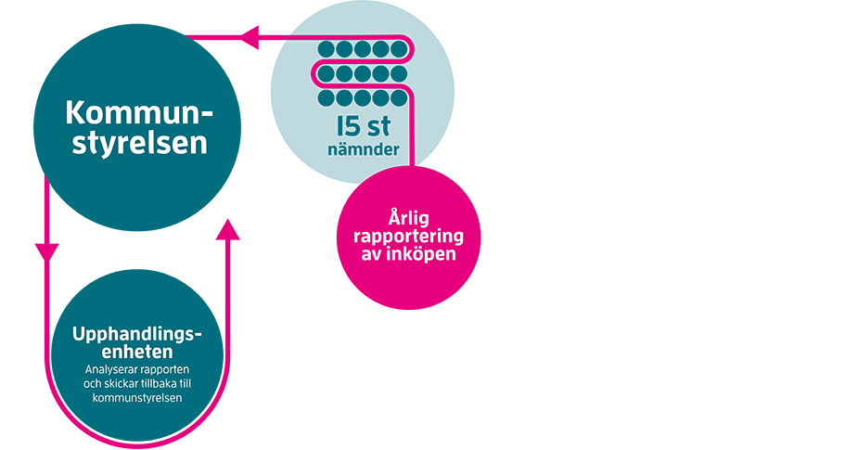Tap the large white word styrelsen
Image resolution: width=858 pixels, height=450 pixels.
(x=136, y=146)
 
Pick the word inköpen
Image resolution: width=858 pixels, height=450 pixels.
(x=420, y=253)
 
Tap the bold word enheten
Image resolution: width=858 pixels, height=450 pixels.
(x=136, y=353)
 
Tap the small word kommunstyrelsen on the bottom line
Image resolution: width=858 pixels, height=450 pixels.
(x=136, y=398)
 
